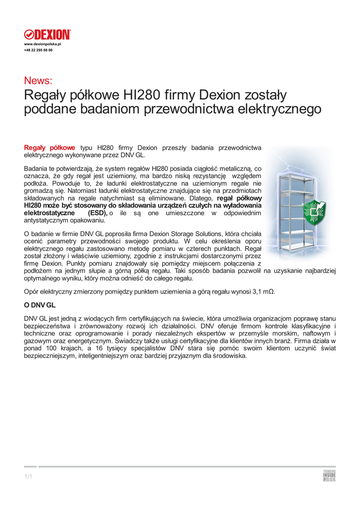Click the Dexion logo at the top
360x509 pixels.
coord(48,34)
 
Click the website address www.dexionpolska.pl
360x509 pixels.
coord(42,44)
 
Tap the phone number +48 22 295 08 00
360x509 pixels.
coord(38,50)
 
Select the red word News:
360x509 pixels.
coord(38,81)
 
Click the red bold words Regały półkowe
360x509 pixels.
coord(50,148)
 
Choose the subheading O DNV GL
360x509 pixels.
coord(40,304)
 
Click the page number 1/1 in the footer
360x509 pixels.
coord(28,477)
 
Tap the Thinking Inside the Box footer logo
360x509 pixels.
coord(329,476)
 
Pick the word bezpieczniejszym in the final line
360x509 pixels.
coord(50,355)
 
